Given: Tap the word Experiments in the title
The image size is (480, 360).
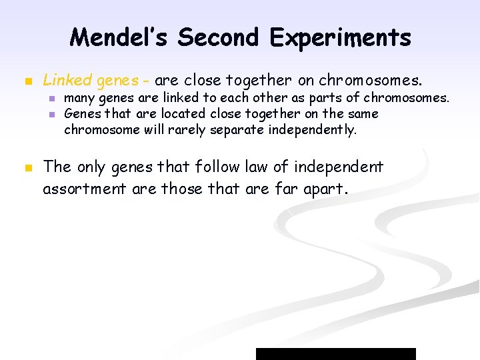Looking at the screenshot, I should tap(340, 37).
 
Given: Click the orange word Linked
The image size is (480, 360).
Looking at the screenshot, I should tap(67, 81).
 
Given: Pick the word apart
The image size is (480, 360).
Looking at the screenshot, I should tap(323, 189).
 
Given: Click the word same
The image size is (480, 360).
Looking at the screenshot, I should tap(363, 113).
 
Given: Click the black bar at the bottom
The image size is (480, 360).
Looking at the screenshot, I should tap(335, 353).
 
